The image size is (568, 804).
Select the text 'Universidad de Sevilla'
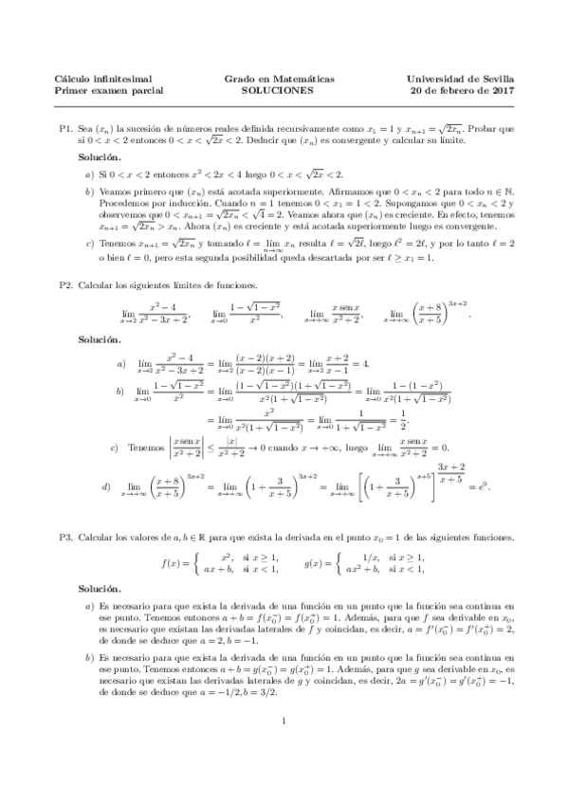[x=459, y=79]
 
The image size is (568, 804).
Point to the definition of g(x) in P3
[x=365, y=563]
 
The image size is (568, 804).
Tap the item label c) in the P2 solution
[x=115, y=447]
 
